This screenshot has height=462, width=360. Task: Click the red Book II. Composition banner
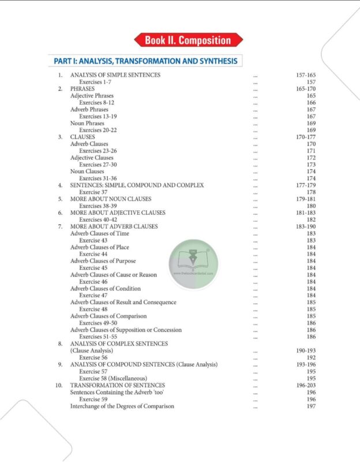(188, 40)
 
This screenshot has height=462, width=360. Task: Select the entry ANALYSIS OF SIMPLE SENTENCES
(115, 75)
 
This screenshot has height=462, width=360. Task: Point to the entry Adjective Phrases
(92, 96)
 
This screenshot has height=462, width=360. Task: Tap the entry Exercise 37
(93, 192)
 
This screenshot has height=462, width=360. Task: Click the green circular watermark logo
(193, 260)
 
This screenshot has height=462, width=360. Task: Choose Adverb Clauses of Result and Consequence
(123, 303)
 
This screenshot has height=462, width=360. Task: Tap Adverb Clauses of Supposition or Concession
(126, 330)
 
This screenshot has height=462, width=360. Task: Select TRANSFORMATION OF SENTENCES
(118, 385)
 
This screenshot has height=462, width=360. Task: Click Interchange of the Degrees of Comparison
(122, 406)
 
